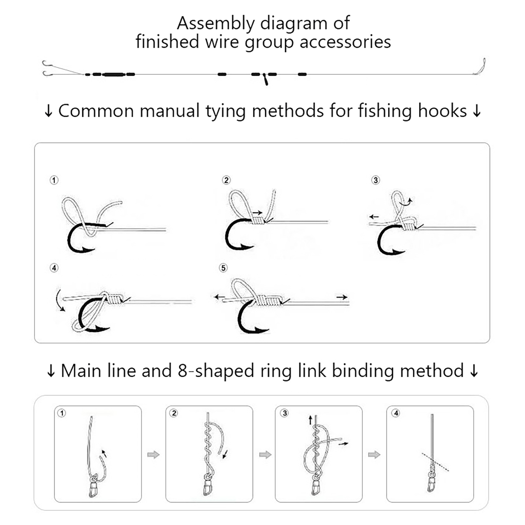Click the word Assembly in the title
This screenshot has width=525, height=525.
pyautogui.click(x=216, y=24)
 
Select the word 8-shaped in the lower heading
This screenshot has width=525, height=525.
pyautogui.click(x=216, y=371)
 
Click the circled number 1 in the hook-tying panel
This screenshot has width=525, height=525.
pyautogui.click(x=54, y=180)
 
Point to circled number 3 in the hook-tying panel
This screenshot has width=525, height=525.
pyautogui.click(x=376, y=180)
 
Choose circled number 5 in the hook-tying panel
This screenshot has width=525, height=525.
pyautogui.click(x=223, y=268)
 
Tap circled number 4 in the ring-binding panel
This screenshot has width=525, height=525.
pyautogui.click(x=396, y=413)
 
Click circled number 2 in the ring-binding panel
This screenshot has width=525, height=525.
pyautogui.click(x=174, y=413)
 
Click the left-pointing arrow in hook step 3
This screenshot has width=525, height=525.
pyautogui.click(x=374, y=217)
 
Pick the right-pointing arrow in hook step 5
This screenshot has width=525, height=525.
pyautogui.click(x=342, y=297)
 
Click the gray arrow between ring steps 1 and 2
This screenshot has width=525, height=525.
pyautogui.click(x=154, y=455)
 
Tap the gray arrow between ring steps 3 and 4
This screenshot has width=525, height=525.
pyautogui.click(x=374, y=455)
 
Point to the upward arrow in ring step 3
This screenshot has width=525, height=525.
pyautogui.click(x=310, y=420)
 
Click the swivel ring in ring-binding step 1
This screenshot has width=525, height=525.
pyautogui.click(x=94, y=477)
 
